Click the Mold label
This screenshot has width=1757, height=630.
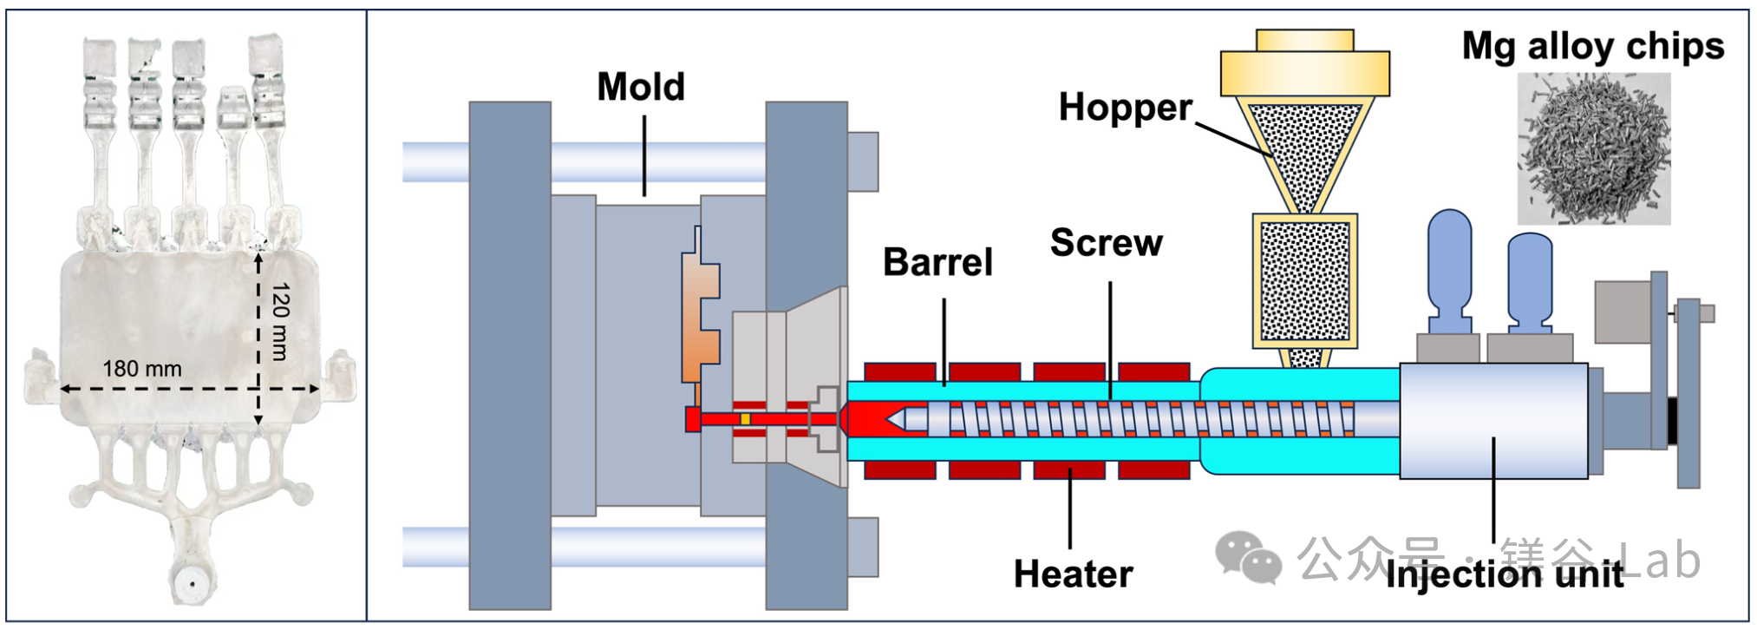(641, 87)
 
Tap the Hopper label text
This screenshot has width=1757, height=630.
(1125, 108)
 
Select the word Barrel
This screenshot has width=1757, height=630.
(937, 262)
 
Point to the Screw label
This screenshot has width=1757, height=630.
(1106, 243)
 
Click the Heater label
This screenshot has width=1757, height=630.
(1073, 574)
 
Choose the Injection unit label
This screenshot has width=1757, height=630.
(1505, 575)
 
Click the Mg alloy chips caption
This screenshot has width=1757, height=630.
(1592, 46)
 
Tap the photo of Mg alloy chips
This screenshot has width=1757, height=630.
(1594, 148)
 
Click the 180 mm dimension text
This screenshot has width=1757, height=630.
(142, 369)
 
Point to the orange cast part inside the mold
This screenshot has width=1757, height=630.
(701, 321)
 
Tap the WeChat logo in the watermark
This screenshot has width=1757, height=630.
(1248, 555)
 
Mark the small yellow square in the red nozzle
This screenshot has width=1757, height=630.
(745, 420)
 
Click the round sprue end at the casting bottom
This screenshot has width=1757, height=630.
(190, 583)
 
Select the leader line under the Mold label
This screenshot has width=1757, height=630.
(644, 156)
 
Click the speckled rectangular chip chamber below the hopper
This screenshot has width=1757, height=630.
(1304, 280)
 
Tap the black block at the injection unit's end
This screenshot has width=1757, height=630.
(1672, 420)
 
